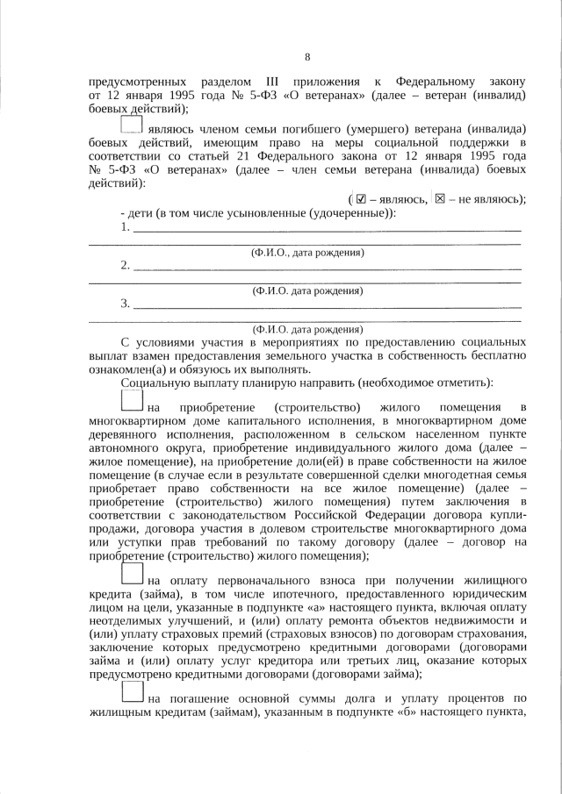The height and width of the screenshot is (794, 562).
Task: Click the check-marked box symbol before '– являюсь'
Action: [x=359, y=198]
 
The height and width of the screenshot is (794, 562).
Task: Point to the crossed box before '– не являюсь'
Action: [x=441, y=198]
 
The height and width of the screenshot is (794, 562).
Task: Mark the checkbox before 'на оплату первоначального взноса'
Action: [x=131, y=576]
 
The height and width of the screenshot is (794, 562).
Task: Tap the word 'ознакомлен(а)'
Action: [x=126, y=369]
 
